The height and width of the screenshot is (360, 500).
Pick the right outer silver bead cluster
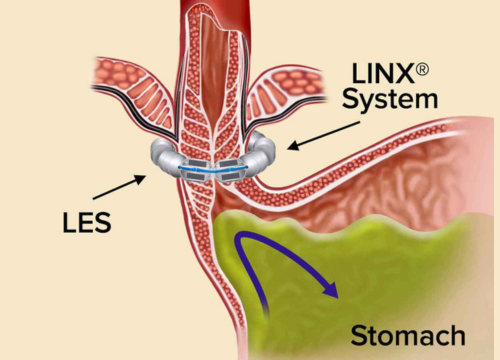click(266, 156)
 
